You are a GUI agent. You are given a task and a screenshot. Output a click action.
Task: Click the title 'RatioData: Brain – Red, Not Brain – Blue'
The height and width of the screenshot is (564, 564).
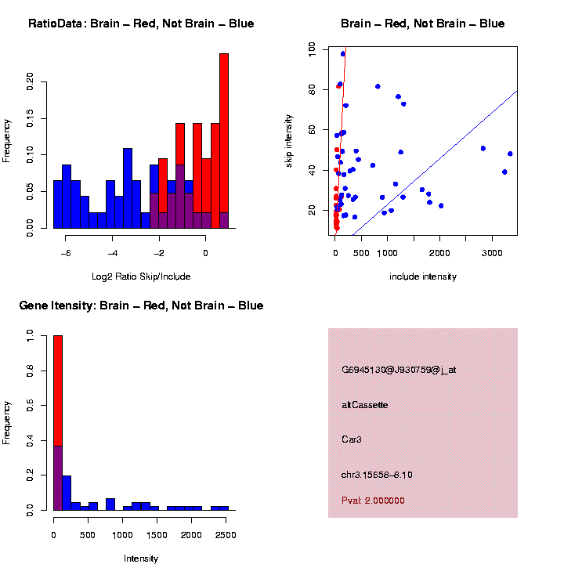141,23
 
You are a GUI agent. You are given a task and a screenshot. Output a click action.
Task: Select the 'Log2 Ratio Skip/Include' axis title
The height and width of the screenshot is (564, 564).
141,276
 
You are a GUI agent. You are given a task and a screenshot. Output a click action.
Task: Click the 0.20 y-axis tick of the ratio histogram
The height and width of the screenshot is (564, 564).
31,81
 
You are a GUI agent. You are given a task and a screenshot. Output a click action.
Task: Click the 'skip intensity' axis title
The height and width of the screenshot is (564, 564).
289,142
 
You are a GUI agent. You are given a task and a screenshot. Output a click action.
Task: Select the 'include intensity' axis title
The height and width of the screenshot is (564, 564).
423,276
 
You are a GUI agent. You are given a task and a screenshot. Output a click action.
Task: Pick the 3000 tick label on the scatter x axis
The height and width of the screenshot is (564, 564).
492,253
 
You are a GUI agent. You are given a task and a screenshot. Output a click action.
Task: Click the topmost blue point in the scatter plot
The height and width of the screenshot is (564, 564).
343,54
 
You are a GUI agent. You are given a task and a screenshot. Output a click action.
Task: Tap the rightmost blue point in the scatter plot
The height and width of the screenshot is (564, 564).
510,154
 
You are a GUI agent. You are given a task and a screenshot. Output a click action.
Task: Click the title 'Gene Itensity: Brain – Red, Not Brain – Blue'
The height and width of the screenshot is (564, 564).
141,305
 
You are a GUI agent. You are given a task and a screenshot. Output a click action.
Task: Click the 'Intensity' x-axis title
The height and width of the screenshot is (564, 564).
141,559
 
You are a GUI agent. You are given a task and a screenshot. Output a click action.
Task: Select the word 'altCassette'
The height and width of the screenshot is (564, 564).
365,405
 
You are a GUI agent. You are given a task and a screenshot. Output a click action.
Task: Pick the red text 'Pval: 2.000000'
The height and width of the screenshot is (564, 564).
374,501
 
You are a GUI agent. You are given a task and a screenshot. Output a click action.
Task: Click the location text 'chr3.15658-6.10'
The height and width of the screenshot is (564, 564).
377,475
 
